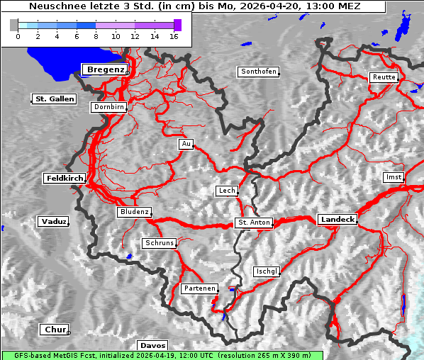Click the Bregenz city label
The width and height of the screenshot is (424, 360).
105,69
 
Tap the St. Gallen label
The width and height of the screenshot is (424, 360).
54,99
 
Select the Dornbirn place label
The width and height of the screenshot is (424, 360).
108,108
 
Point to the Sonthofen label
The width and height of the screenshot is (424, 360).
258,72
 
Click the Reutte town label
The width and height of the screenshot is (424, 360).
384,77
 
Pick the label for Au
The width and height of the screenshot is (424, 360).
185,144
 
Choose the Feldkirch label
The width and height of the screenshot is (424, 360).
65,179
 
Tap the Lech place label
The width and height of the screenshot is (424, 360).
226,191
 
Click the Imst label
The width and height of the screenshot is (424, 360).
392,176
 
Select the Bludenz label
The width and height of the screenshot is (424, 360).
134,212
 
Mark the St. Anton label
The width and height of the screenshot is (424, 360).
253,223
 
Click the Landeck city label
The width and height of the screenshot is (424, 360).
337,220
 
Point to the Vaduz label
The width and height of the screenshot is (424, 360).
53,222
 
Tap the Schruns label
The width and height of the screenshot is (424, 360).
159,243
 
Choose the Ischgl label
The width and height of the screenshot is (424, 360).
267,271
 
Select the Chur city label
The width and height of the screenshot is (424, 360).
54,330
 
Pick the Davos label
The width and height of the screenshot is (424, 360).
152,345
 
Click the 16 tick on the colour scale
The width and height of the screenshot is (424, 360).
172,35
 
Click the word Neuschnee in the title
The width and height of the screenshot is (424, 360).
53,6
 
